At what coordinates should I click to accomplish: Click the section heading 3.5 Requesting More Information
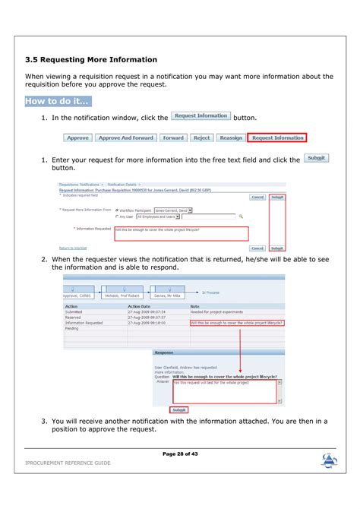click(x=91, y=59)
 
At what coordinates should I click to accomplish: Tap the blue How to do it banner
click(x=58, y=101)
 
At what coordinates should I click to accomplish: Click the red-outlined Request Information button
click(x=277, y=138)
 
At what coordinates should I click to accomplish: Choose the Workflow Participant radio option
click(x=117, y=210)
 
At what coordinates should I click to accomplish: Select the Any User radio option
click(x=117, y=217)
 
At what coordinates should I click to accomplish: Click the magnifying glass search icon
click(x=241, y=217)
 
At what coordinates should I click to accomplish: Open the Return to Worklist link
click(x=73, y=248)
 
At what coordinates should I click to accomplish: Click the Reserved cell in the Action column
click(x=74, y=318)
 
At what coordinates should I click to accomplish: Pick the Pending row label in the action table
click(x=72, y=328)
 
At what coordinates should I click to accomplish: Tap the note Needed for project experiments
click(x=216, y=312)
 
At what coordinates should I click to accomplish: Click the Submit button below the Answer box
click(x=178, y=409)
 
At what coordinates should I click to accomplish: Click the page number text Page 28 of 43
click(x=180, y=454)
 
